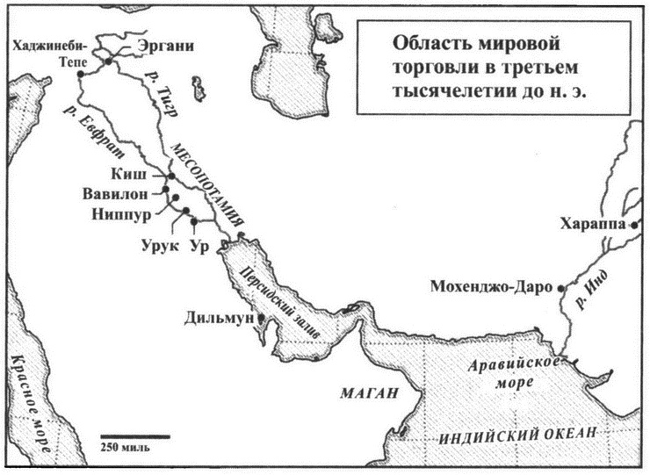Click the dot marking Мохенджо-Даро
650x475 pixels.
click(562, 287)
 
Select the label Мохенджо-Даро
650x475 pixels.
click(493, 287)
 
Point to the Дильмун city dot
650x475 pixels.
click(261, 320)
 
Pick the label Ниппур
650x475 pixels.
click(120, 212)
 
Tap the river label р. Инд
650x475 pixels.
click(604, 278)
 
